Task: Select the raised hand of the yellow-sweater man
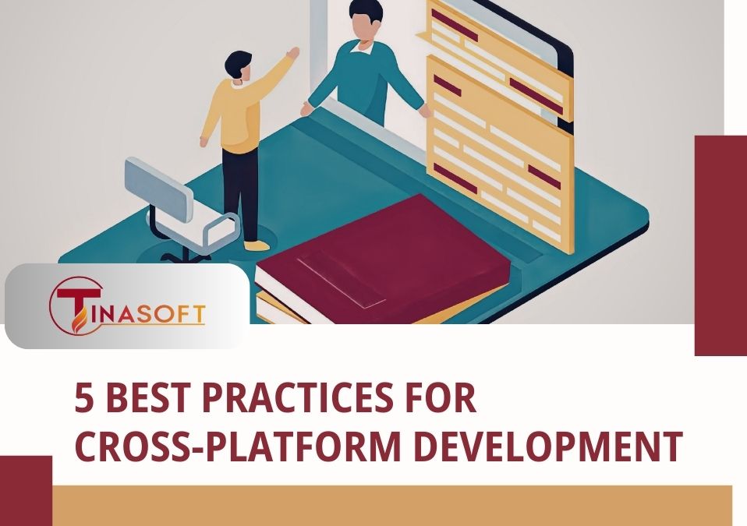coord(293,53)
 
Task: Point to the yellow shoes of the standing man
coord(257,245)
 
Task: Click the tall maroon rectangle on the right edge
coord(720,245)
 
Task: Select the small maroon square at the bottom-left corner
coord(25,490)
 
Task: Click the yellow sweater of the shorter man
coord(234,117)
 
